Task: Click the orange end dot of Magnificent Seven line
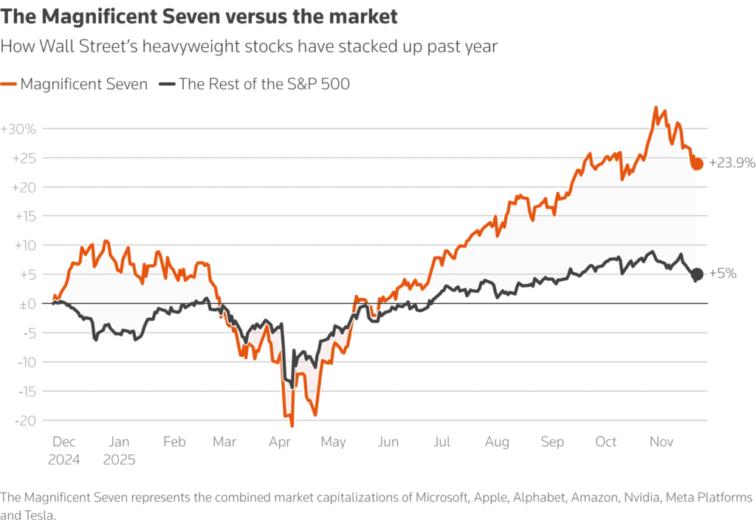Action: [697, 164]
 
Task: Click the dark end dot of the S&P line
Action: [697, 274]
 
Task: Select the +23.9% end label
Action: [732, 164]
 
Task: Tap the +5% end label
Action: [723, 274]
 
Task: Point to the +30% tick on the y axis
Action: [18, 129]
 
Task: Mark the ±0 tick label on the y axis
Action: [27, 303]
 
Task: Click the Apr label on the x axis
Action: [280, 442]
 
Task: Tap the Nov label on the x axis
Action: [661, 442]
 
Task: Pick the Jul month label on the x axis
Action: [441, 442]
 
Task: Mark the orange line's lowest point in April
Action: [292, 425]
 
